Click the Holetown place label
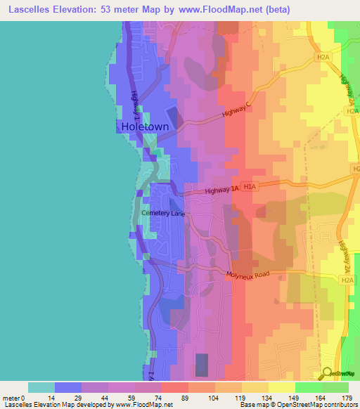pyautogui.click(x=144, y=127)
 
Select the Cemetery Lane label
pyautogui.click(x=162, y=212)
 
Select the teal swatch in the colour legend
pyautogui.click(x=41, y=387)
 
